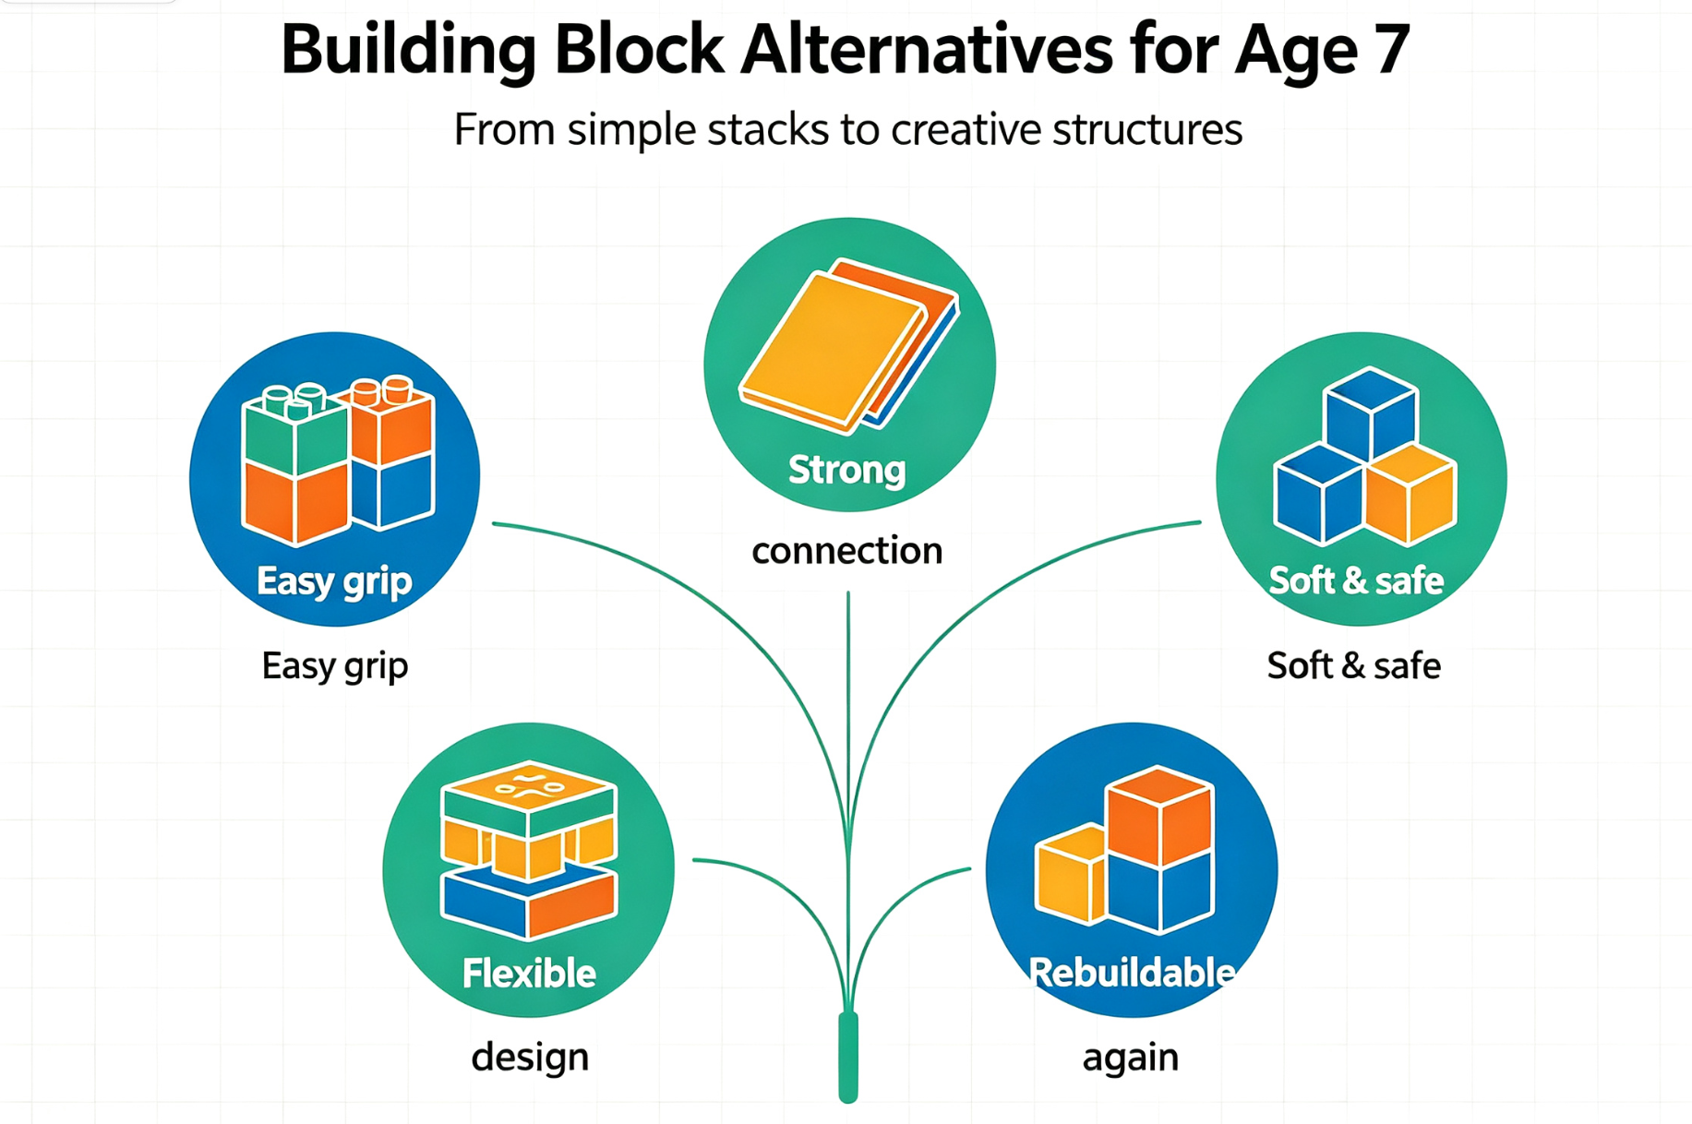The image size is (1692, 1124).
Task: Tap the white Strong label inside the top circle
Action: coord(846,471)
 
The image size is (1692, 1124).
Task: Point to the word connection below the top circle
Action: coord(847,551)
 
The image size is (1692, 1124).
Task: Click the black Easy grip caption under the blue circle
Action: coord(335,666)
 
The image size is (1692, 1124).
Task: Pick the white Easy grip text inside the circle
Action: coord(334,582)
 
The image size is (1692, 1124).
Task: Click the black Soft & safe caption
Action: coord(1353,665)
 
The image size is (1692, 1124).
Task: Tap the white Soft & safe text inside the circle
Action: coord(1356,580)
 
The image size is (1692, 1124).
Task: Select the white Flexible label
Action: coord(529,974)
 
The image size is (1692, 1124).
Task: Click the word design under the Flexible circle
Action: coord(530,1058)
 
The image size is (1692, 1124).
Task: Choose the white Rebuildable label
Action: coord(1132,973)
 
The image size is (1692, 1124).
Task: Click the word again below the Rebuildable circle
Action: coord(1131,1058)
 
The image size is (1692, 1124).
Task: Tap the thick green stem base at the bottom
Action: coord(848,1057)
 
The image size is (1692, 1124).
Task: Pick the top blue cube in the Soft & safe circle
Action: coord(1370,412)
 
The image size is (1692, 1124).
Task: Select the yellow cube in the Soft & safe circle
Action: coord(1410,495)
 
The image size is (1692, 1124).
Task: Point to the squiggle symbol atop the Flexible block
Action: coord(529,787)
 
